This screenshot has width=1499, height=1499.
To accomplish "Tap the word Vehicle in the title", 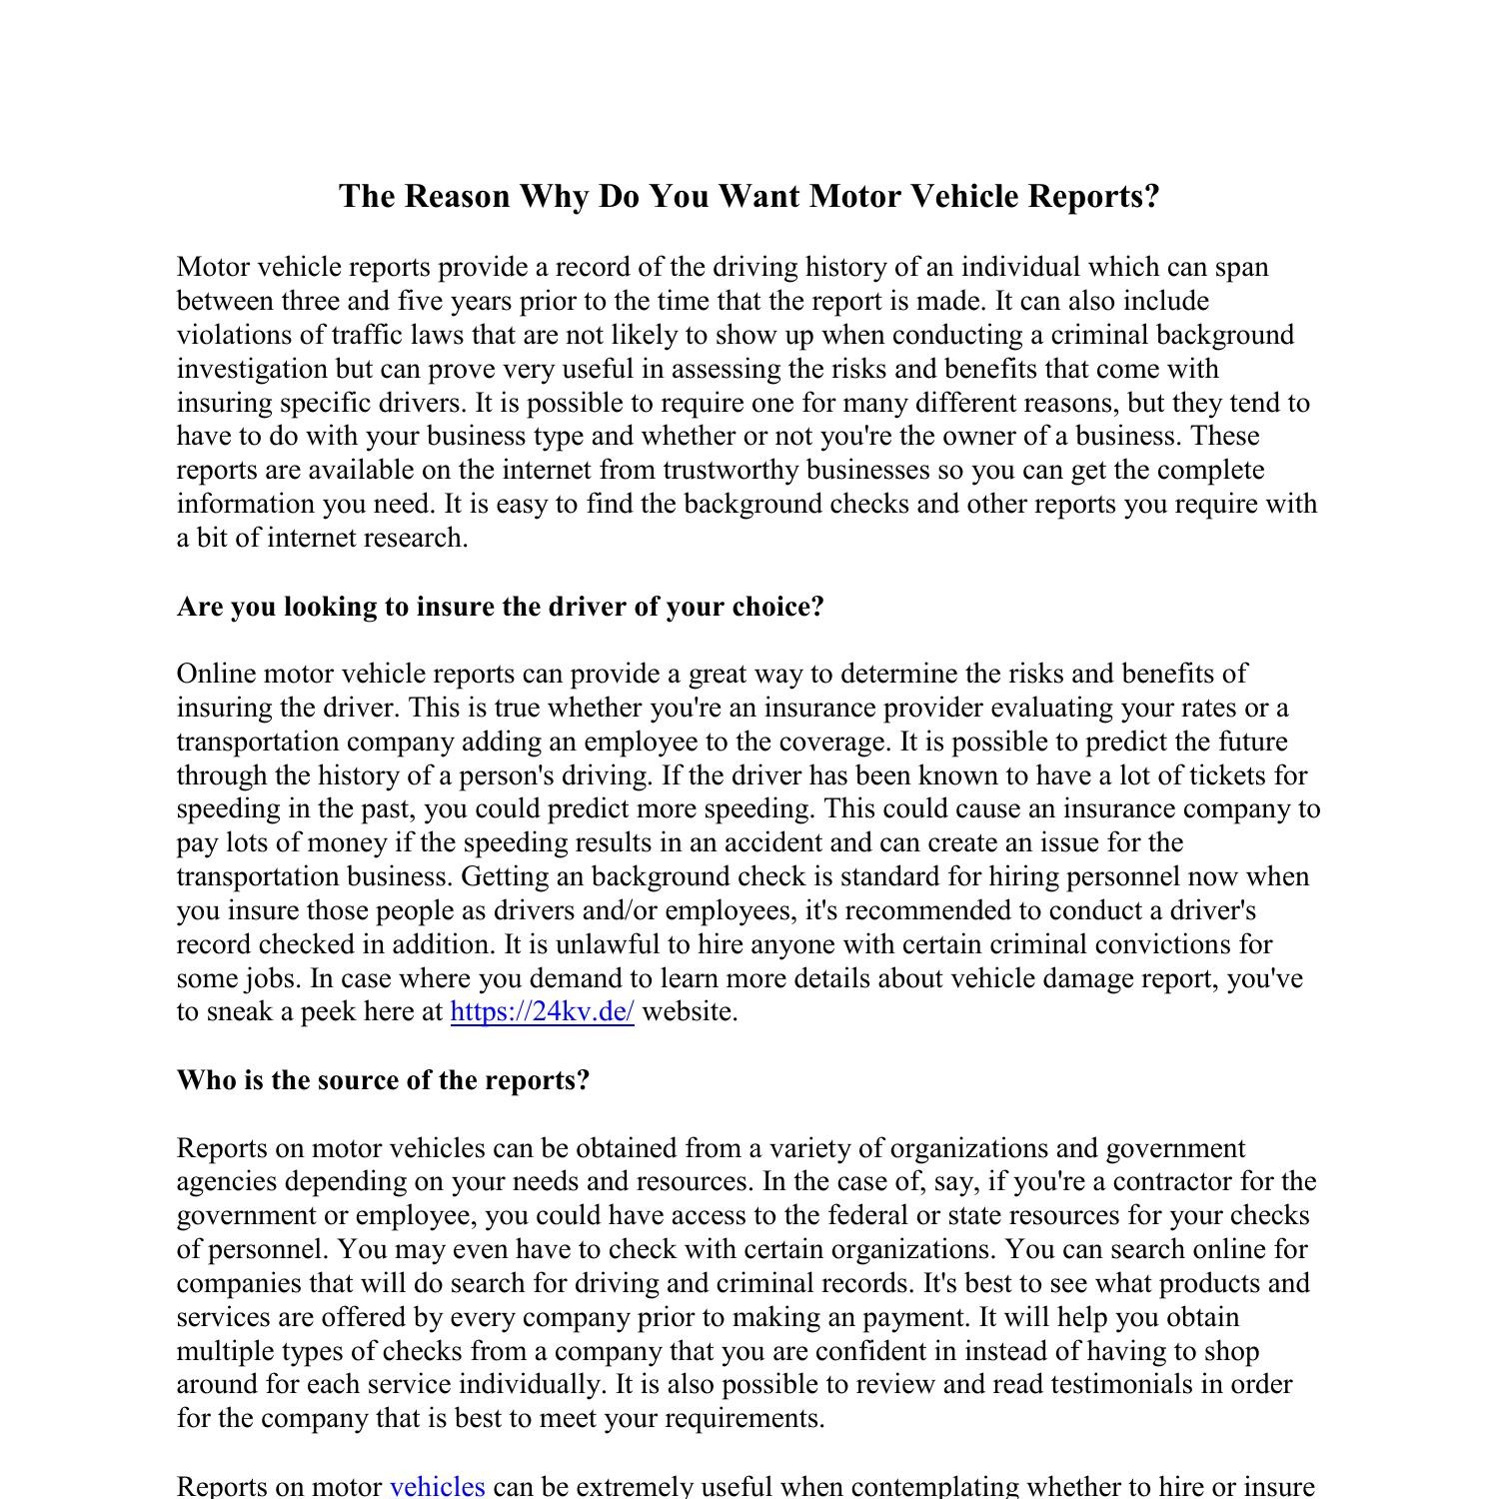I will click(x=964, y=196).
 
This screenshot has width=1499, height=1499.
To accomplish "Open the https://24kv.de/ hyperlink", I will click(x=542, y=1011).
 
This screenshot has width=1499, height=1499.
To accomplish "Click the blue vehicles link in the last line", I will click(x=437, y=1486).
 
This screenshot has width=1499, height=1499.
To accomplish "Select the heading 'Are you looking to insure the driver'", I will click(x=500, y=607).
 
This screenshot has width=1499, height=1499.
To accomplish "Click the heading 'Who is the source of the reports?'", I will click(x=383, y=1080).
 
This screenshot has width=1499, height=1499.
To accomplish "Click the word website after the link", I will click(x=689, y=1011).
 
